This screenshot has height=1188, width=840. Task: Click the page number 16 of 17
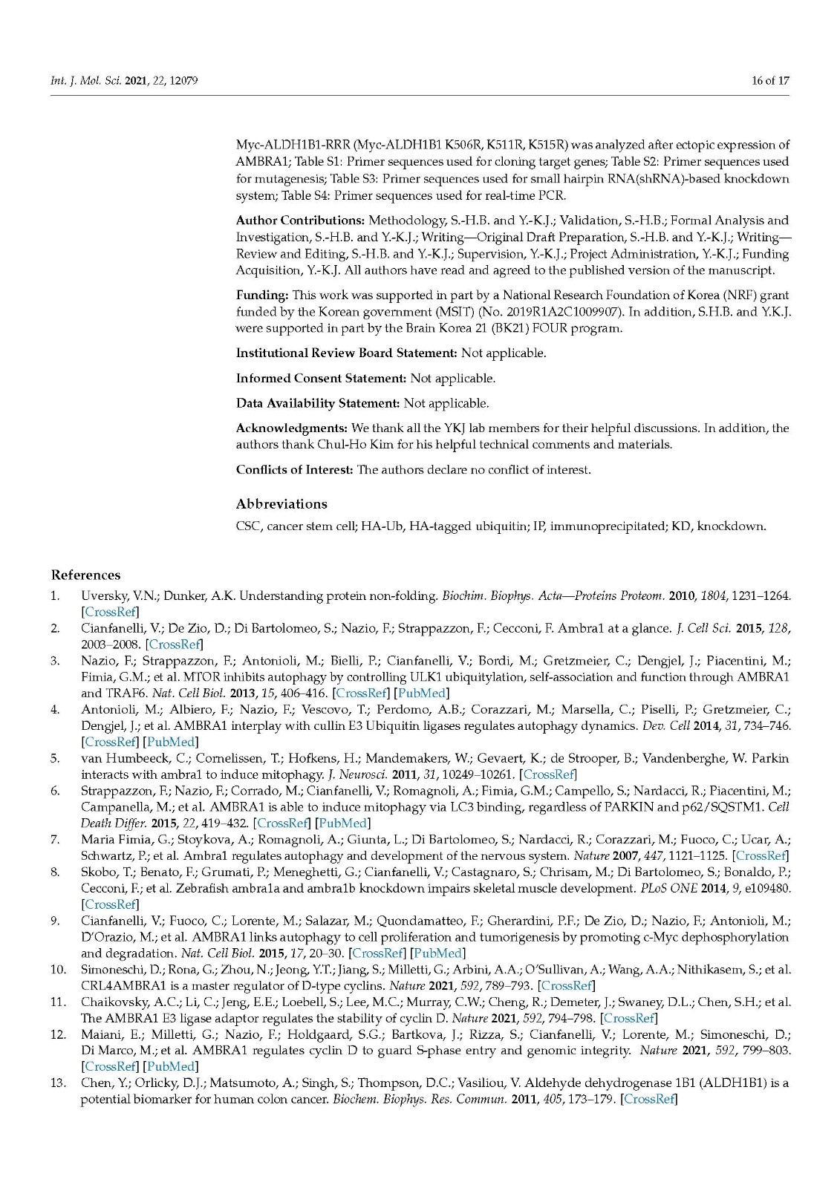[x=770, y=80]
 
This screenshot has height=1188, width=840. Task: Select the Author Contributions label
[x=300, y=221]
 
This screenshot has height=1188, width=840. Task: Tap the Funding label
[x=262, y=296]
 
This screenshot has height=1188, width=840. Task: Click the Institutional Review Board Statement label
[x=346, y=353]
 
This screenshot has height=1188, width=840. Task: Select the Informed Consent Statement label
[x=321, y=379]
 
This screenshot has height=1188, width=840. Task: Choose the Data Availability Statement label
[x=318, y=404]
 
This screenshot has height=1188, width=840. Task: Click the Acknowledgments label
[x=292, y=428]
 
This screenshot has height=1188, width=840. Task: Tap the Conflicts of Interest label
[x=294, y=470]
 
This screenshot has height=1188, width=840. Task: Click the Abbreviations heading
[x=281, y=504]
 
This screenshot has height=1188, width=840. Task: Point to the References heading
[x=85, y=575]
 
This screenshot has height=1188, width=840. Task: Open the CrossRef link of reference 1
[x=110, y=612]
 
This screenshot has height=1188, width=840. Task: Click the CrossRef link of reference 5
[x=549, y=774]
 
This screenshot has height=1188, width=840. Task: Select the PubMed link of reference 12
[x=171, y=1067]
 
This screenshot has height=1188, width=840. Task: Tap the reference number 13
[x=58, y=1083]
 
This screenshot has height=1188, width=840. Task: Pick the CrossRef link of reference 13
[x=649, y=1099]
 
